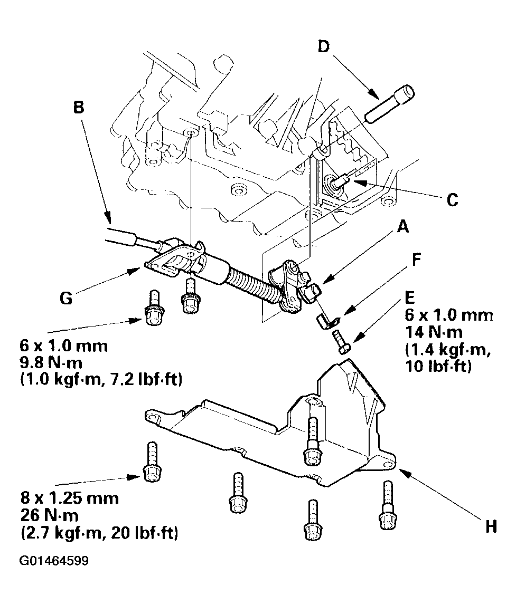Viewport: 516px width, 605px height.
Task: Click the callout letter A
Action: coord(402,228)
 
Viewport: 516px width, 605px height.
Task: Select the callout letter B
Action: coord(78,108)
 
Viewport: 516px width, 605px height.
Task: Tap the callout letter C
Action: coord(452,200)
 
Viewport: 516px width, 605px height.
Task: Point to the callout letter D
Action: coord(323,47)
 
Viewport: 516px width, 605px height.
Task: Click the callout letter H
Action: coord(491,527)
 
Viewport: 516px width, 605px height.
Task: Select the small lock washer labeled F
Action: coord(325,321)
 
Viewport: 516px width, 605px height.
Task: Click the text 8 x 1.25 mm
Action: coord(69,498)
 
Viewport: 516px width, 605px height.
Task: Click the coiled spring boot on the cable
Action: coord(252,285)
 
